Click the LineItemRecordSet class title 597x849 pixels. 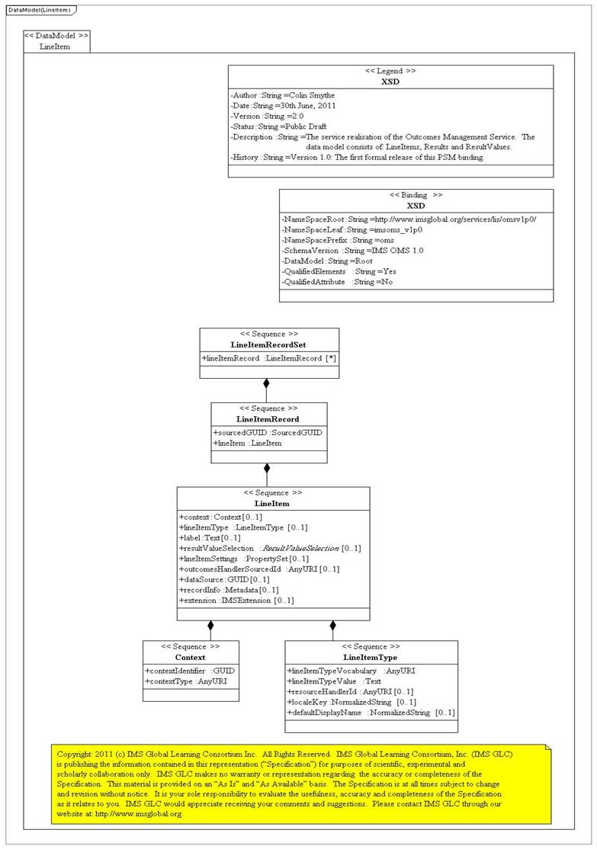[x=268, y=345]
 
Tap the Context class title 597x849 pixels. [x=190, y=657]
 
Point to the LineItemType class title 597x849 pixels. [x=371, y=657]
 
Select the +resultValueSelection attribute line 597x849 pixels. [x=270, y=548]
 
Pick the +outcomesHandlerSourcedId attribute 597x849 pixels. [x=260, y=569]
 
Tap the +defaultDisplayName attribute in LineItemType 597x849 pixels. [x=371, y=713]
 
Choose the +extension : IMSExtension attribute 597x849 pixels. [x=236, y=601]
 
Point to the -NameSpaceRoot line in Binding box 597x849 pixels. [x=409, y=219]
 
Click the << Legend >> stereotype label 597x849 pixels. [x=390, y=70]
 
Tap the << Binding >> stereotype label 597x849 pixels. [x=416, y=195]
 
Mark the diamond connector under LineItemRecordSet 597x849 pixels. [x=266, y=383]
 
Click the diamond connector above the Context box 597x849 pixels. [x=210, y=626]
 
